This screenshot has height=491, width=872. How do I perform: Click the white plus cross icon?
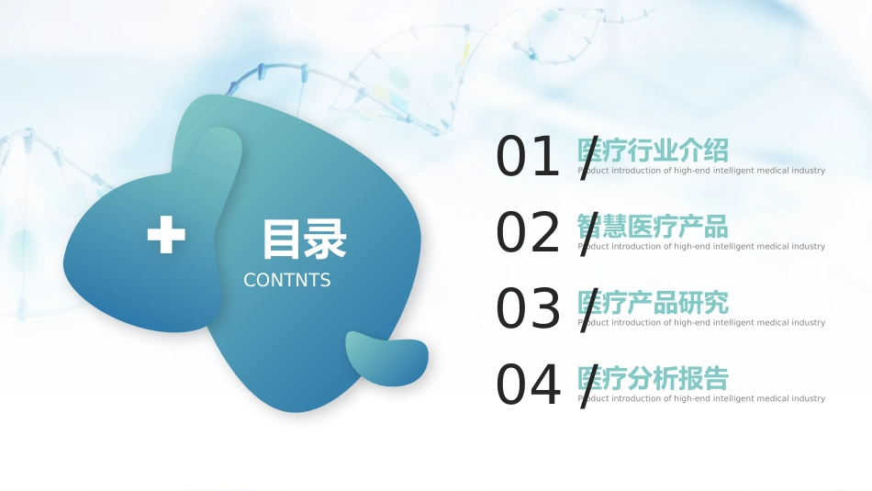166,236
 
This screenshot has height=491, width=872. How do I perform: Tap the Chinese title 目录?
304,239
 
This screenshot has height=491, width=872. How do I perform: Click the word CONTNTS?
287,280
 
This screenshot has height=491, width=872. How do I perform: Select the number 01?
528,157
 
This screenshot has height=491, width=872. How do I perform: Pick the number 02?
528,233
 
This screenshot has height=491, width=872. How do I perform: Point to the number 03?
528,309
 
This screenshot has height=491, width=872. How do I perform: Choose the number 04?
528,385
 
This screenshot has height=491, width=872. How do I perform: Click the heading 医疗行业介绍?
653,150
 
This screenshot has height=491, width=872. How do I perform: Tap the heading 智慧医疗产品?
653,226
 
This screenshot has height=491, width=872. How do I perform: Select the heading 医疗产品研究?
653,302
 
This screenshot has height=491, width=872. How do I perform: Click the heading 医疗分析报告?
653,378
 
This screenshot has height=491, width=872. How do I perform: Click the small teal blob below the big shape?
386,358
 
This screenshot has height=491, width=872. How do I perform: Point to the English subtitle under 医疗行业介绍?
701,171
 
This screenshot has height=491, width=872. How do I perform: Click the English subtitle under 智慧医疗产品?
701,247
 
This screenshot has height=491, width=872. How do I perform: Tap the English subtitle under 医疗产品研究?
701,323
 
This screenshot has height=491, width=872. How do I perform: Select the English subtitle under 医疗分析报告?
701,399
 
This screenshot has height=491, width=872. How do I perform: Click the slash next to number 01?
588,158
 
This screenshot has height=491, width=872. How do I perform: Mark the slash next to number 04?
588,386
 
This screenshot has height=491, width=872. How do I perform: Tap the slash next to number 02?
588,234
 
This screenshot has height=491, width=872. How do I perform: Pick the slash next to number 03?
588,310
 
